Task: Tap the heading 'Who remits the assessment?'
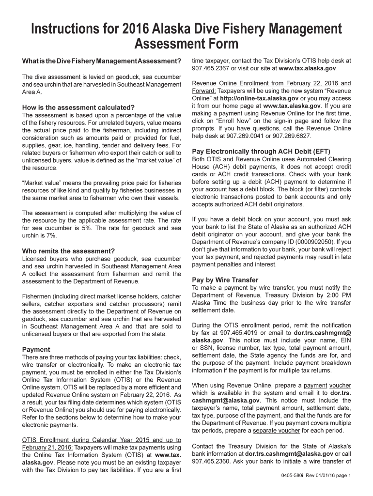click(x=68, y=251)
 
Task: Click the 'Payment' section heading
click(x=36, y=349)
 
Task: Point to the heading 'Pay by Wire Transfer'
click(x=225, y=280)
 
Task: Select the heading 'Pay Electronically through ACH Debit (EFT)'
click(x=261, y=151)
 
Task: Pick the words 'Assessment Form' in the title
click(x=186, y=45)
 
